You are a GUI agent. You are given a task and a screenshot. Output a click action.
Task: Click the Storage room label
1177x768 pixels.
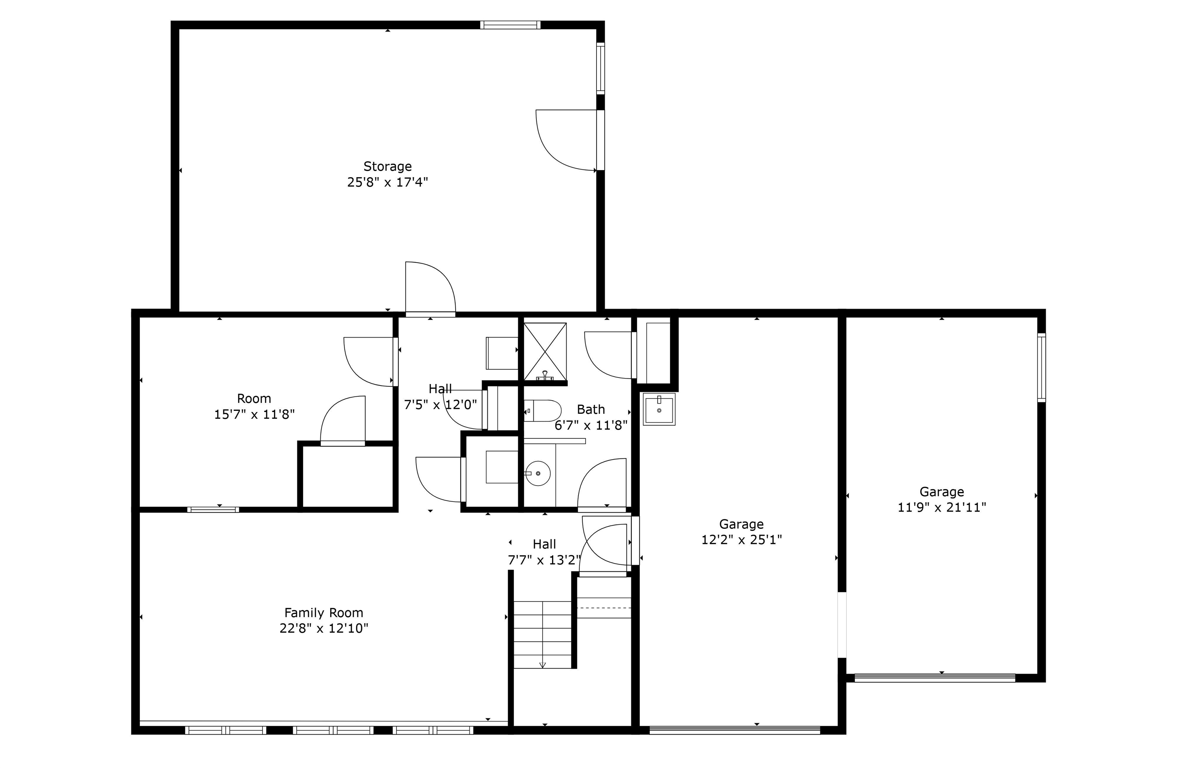point(387,166)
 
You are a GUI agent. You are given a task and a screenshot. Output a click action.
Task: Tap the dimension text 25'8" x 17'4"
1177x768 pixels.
point(387,182)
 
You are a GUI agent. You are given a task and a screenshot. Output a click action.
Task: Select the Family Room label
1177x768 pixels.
point(323,613)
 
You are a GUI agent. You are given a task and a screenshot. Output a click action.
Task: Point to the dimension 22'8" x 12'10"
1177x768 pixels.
point(323,629)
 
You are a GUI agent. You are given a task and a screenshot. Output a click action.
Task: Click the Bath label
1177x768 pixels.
point(590,409)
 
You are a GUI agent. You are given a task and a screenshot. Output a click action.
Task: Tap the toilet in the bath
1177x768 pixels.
point(543,410)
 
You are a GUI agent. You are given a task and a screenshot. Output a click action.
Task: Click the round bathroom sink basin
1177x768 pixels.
point(538,473)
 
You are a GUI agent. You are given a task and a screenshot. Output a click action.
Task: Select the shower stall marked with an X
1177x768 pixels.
point(545,351)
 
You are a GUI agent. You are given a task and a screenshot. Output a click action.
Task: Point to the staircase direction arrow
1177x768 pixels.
point(543,664)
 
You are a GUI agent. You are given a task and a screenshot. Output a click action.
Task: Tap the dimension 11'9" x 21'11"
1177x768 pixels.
point(942,507)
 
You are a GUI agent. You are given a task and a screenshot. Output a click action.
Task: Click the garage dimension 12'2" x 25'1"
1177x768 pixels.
point(741,540)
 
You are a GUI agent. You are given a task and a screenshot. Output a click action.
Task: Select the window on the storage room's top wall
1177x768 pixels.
point(510,25)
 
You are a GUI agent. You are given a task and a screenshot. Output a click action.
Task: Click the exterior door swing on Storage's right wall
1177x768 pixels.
point(566,140)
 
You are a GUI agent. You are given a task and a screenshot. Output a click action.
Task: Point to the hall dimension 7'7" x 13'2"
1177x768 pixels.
point(544,560)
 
